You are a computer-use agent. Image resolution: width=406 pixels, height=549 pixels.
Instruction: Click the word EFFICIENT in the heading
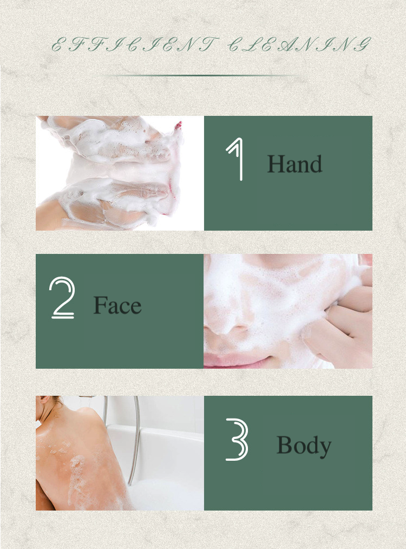pos(135,44)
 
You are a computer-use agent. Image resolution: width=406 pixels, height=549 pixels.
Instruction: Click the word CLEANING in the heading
pos(299,44)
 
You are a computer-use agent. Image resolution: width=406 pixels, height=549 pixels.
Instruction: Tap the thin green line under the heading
pos(200,76)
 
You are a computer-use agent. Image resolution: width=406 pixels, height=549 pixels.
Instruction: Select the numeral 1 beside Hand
pos(234,159)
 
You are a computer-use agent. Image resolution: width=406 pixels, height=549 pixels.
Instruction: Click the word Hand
pos(294,164)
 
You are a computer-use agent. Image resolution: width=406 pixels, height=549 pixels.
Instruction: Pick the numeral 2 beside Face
pos(62,298)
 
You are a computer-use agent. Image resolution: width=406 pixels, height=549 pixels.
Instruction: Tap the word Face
pos(117,305)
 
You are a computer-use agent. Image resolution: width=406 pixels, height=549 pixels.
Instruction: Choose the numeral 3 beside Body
pos(237,440)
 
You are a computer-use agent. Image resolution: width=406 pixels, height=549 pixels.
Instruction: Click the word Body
pos(304,446)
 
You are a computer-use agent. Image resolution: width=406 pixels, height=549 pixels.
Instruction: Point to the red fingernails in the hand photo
pos(179,126)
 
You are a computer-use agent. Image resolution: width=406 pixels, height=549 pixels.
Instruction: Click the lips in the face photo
pos(238,361)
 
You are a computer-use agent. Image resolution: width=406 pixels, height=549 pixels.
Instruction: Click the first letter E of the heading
pos(58,45)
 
